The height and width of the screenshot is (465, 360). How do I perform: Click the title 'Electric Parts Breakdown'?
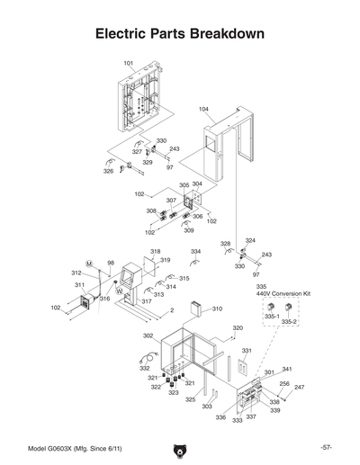coord(180,34)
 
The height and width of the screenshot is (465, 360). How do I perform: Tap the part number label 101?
coord(129,63)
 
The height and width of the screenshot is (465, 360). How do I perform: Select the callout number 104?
coord(204,109)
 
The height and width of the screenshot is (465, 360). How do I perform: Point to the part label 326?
coord(108,171)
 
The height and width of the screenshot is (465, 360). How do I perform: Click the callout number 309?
coord(189,230)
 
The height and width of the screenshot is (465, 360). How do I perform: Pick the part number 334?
coord(195,252)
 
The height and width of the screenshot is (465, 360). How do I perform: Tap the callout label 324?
coord(250,241)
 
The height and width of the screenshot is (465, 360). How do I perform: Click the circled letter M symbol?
coord(89,262)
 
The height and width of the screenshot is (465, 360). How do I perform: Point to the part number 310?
coord(217,309)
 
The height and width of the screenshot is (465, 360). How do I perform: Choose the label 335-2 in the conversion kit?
coord(289,321)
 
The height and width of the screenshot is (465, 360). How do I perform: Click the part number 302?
coord(148,335)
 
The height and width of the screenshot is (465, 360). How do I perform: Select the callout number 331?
coord(246,351)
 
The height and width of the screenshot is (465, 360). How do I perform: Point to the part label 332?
coord(144,369)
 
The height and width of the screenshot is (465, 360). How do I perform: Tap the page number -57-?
coord(326,447)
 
